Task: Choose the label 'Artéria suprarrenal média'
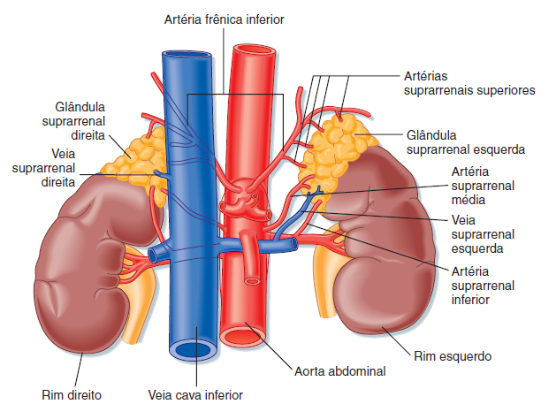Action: click(x=482, y=185)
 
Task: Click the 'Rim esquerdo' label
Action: click(x=452, y=356)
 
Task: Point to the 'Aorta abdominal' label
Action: click(x=339, y=371)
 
